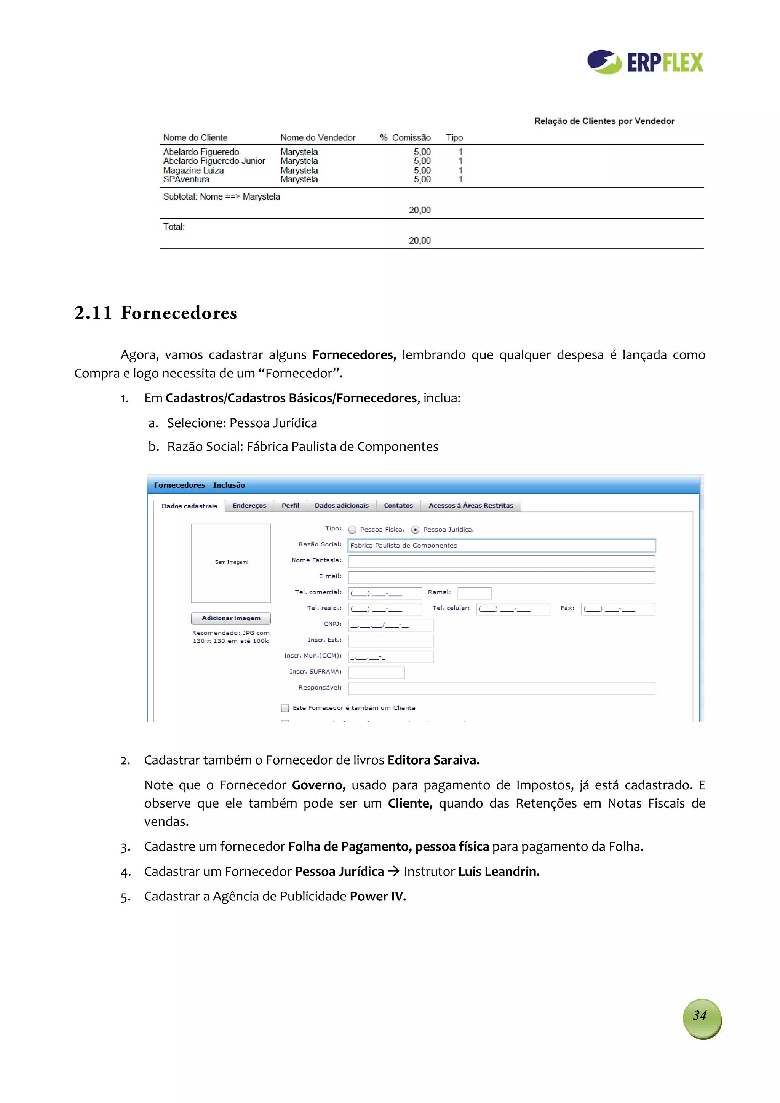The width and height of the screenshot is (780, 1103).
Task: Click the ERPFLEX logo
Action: click(x=645, y=62)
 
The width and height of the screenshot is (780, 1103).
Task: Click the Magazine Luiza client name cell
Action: click(x=193, y=170)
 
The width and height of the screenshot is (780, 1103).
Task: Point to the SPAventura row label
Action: click(x=186, y=179)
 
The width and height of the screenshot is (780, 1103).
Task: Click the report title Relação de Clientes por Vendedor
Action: click(x=604, y=121)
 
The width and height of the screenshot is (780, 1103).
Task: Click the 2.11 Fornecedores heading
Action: click(x=155, y=313)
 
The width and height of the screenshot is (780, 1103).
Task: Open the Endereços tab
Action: click(x=249, y=505)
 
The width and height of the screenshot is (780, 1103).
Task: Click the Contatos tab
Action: click(x=398, y=505)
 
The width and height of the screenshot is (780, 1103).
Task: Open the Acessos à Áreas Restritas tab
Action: click(x=470, y=505)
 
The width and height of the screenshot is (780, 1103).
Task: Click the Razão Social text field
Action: click(x=501, y=545)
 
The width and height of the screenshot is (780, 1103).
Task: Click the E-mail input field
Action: click(x=501, y=577)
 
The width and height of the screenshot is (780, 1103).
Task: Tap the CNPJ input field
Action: click(x=390, y=624)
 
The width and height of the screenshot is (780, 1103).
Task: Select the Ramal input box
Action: click(x=474, y=593)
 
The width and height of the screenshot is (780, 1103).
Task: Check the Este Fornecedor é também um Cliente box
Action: click(x=285, y=708)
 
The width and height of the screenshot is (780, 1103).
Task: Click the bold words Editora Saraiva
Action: click(x=433, y=760)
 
